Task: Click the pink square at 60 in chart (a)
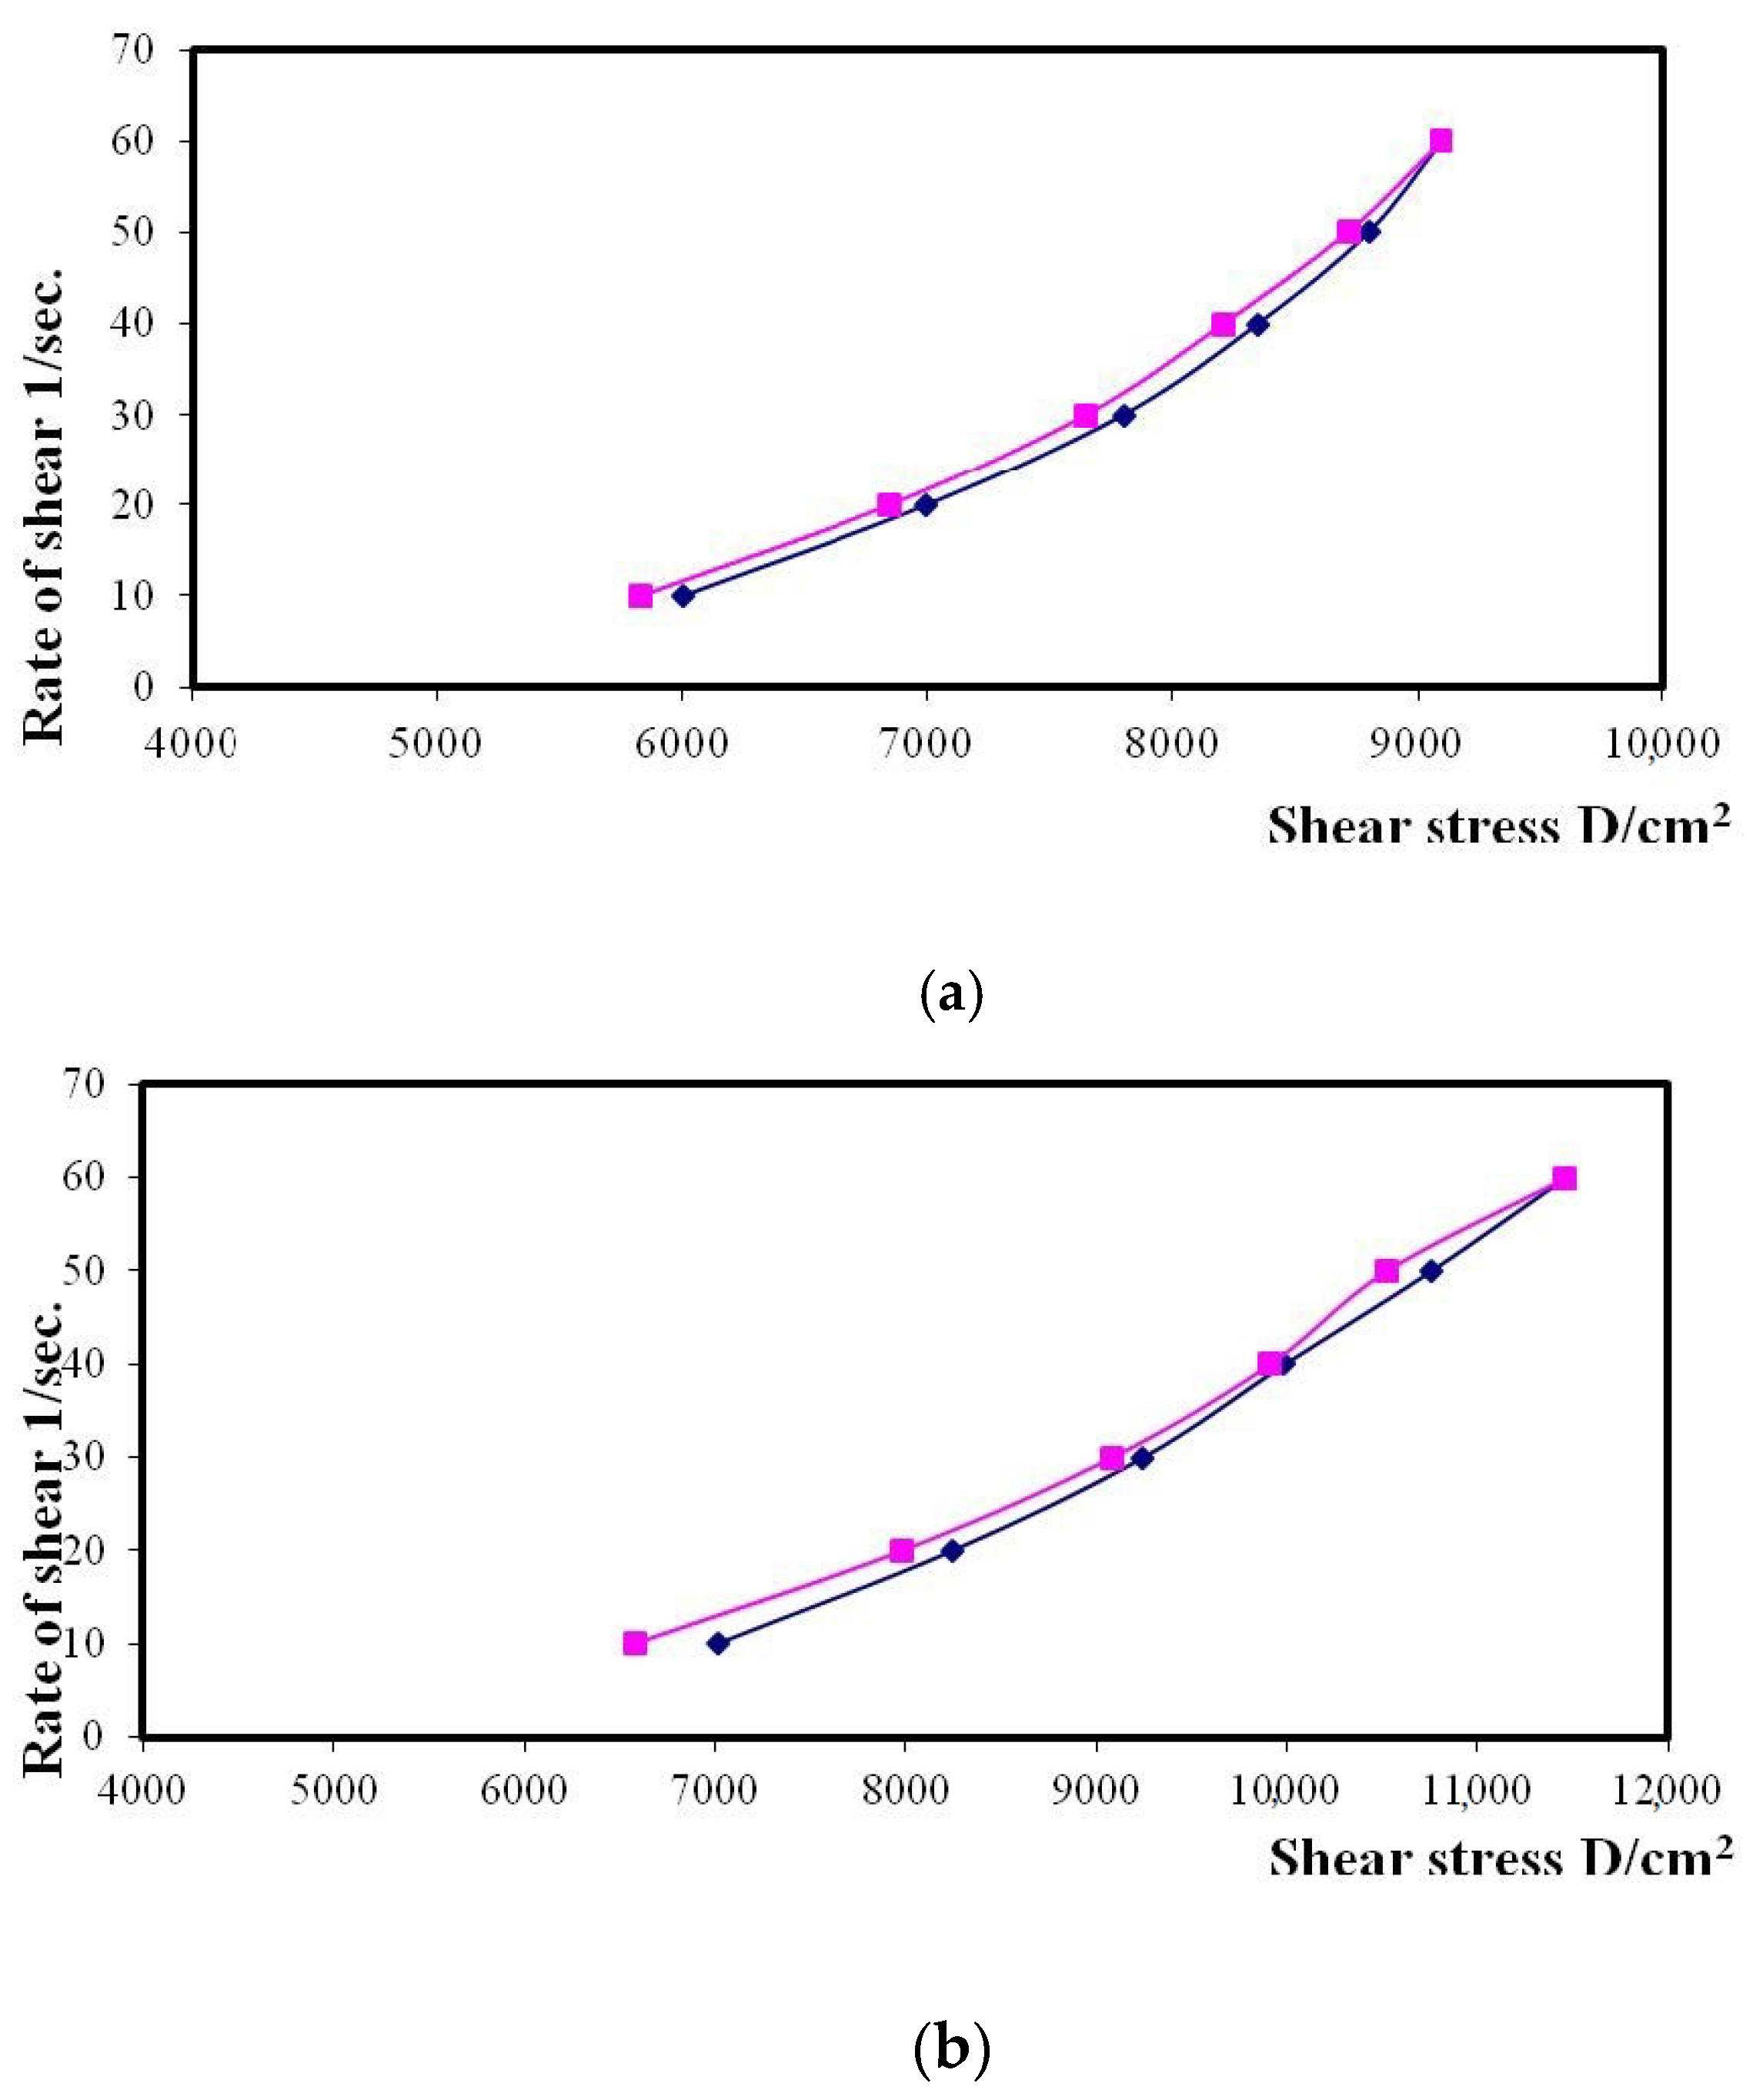coord(1440,141)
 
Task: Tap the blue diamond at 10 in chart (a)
coord(683,596)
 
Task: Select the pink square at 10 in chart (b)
coord(635,1644)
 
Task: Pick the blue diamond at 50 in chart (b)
coord(1431,1271)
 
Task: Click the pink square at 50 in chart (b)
coord(1386,1271)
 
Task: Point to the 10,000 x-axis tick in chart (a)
coord(1662,743)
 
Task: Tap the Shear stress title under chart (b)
coord(1500,1858)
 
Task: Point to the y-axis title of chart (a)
coord(44,505)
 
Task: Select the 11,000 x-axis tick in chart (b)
coord(1476,1789)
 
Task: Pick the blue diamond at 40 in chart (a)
coord(1258,325)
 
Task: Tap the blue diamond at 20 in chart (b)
coord(952,1551)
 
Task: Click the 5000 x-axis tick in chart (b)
coord(333,1789)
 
